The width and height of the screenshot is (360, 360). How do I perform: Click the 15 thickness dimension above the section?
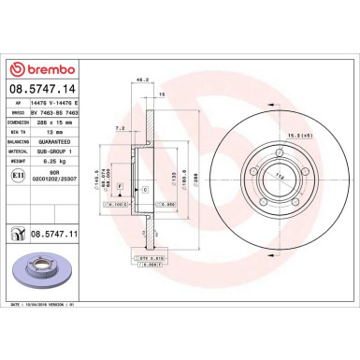click(161, 95)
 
